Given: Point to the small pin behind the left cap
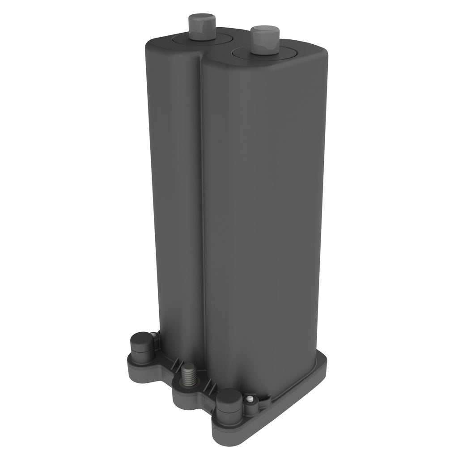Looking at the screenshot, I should click(154, 335).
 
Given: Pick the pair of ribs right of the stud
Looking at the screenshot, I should click(208, 384).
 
